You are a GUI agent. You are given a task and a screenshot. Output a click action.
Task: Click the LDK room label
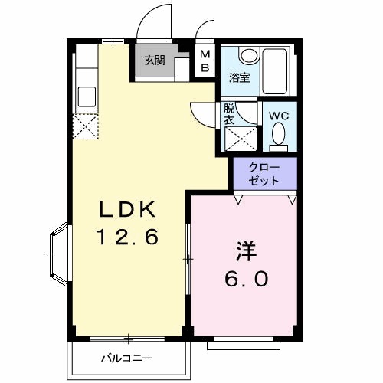coord(126,209)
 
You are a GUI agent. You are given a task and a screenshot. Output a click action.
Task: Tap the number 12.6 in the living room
coord(126,237)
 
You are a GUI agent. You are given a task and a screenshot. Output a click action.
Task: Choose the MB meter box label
coord(205,60)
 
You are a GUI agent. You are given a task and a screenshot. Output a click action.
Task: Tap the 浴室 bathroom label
coord(239,77)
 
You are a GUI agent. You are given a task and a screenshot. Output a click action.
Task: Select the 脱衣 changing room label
coord(229,114)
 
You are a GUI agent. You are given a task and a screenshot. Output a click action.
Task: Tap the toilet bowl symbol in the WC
coord(278,136)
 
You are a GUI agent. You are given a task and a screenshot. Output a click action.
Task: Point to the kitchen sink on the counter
coord(86,96)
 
